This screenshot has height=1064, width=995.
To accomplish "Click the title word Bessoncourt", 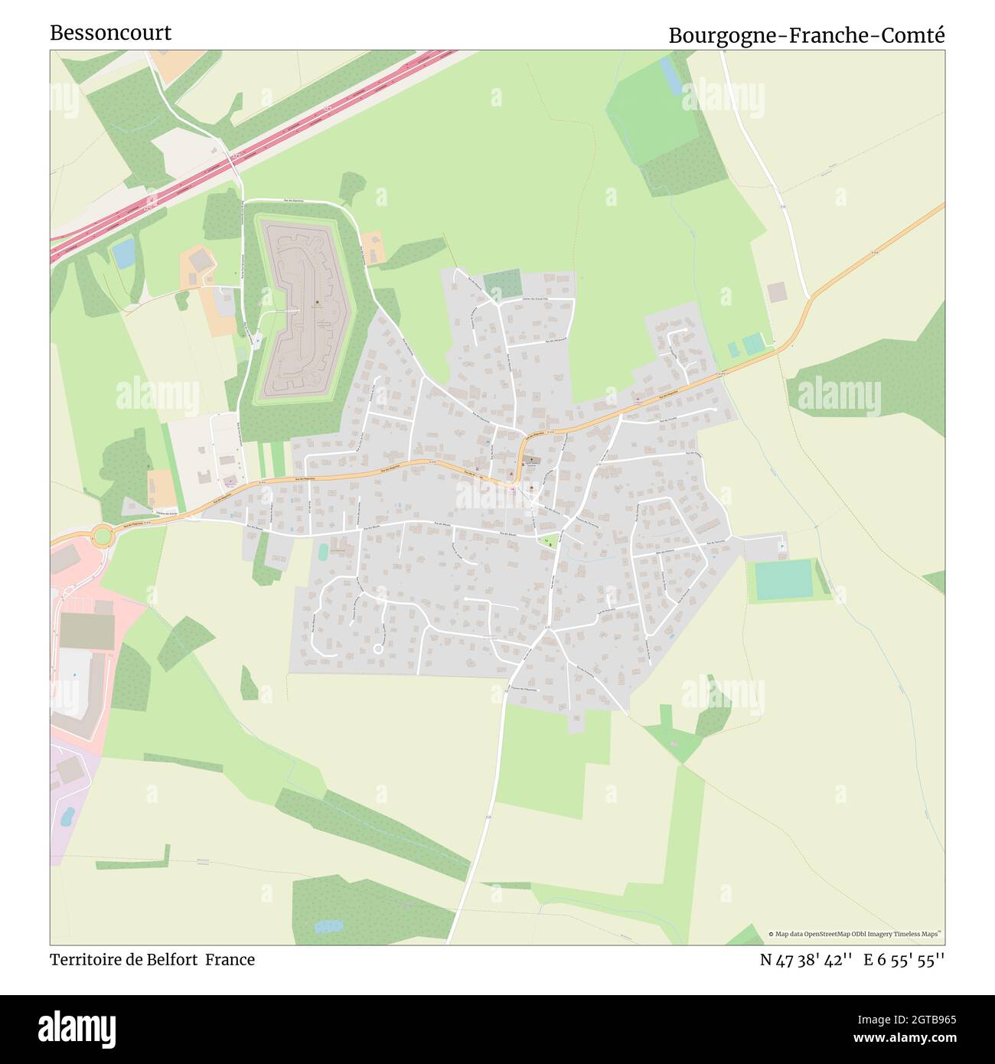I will [110, 33].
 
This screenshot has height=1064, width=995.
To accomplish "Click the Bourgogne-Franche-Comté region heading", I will [807, 35].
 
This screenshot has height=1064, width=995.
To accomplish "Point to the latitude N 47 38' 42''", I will [806, 959].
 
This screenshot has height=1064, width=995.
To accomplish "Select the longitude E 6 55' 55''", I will [904, 959].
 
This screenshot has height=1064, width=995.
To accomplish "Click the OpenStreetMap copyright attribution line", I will [855, 934].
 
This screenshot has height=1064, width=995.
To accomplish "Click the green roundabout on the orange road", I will [102, 534].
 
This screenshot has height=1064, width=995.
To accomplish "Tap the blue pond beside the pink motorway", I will [123, 253].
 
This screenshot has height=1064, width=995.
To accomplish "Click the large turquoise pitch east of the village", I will [783, 579].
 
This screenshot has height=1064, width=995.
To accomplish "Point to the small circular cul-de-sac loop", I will [377, 648].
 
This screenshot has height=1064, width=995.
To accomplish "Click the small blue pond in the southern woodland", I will [328, 926].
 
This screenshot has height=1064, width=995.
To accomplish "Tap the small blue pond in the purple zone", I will [66, 816].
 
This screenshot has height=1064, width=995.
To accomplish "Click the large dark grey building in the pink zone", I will [86, 630].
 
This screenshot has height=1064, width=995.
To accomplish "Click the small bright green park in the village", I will [547, 541].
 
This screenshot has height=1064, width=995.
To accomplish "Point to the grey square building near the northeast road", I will [776, 292].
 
